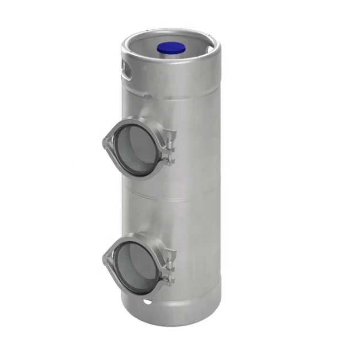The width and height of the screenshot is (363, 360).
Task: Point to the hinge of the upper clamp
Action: point(104,144)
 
